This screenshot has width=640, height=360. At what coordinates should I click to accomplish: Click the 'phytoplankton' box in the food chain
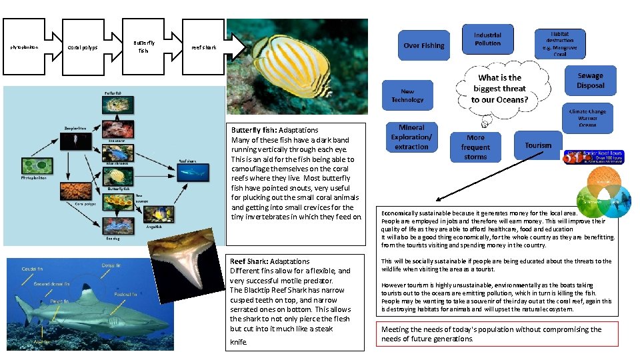pos(25,47)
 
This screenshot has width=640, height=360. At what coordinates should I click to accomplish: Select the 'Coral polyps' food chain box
pos(83,47)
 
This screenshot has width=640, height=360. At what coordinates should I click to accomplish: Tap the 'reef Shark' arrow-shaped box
pos(205,47)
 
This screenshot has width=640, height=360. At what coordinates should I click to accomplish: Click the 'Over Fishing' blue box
pos(423,45)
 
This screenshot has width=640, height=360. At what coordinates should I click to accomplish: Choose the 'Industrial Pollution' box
pos(487,39)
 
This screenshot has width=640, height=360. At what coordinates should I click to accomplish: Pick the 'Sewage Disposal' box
pos(590,81)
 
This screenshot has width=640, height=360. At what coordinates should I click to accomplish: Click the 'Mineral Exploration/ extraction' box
pos(411,137)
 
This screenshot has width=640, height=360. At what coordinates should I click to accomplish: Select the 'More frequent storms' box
pos(475,147)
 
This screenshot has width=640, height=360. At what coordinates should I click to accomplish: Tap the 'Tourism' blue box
pos(538,145)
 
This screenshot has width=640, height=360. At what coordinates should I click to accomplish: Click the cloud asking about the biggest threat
pos(500,89)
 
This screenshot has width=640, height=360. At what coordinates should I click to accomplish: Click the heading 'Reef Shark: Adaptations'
pos(269,261)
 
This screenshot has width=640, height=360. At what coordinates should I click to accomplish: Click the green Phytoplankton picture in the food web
pos(37,166)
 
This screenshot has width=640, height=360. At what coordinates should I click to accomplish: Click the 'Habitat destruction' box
pos(560,43)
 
